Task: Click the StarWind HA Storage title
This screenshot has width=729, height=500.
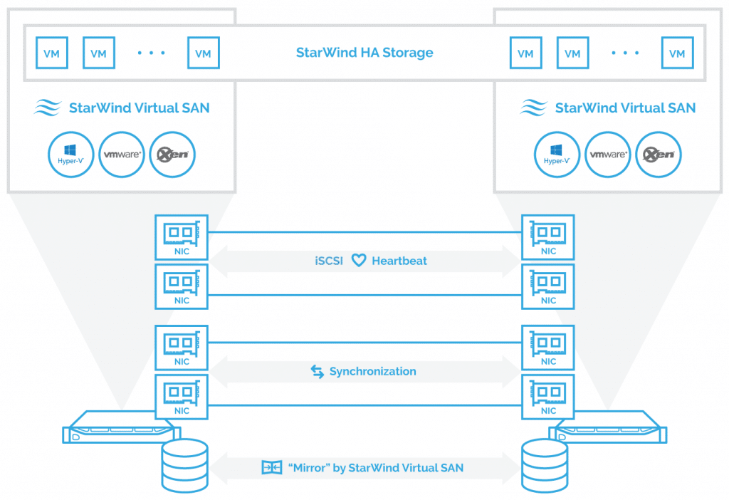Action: pos(364,53)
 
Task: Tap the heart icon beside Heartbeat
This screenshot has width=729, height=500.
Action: pos(359,261)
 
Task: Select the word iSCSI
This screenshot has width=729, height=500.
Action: pos(329,261)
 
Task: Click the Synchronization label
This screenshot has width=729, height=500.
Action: pos(373,371)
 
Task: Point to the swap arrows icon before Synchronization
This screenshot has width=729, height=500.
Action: pos(317,371)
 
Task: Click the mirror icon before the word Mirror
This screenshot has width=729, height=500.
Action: pos(271,467)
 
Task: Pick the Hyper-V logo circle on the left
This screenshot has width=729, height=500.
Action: pos(70,155)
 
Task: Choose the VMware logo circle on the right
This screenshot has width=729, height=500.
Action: pos(607,155)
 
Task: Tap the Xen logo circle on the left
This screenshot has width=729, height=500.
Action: pos(172,155)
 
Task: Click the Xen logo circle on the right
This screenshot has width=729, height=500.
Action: pos(659,155)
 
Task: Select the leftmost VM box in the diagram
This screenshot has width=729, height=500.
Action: pos(51,53)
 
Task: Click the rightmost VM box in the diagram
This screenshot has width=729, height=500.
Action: pos(678,53)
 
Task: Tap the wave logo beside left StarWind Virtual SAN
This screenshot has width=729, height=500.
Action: pos(47,108)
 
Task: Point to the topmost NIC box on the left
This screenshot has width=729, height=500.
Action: pos(182,237)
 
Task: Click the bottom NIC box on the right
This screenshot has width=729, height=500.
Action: pos(548,397)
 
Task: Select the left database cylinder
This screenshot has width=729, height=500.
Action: pos(184,465)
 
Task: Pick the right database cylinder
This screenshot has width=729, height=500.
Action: pos(545,465)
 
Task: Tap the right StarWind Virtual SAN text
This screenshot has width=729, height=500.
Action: pos(625,108)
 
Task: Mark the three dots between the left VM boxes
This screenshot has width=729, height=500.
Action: pos(151,53)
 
